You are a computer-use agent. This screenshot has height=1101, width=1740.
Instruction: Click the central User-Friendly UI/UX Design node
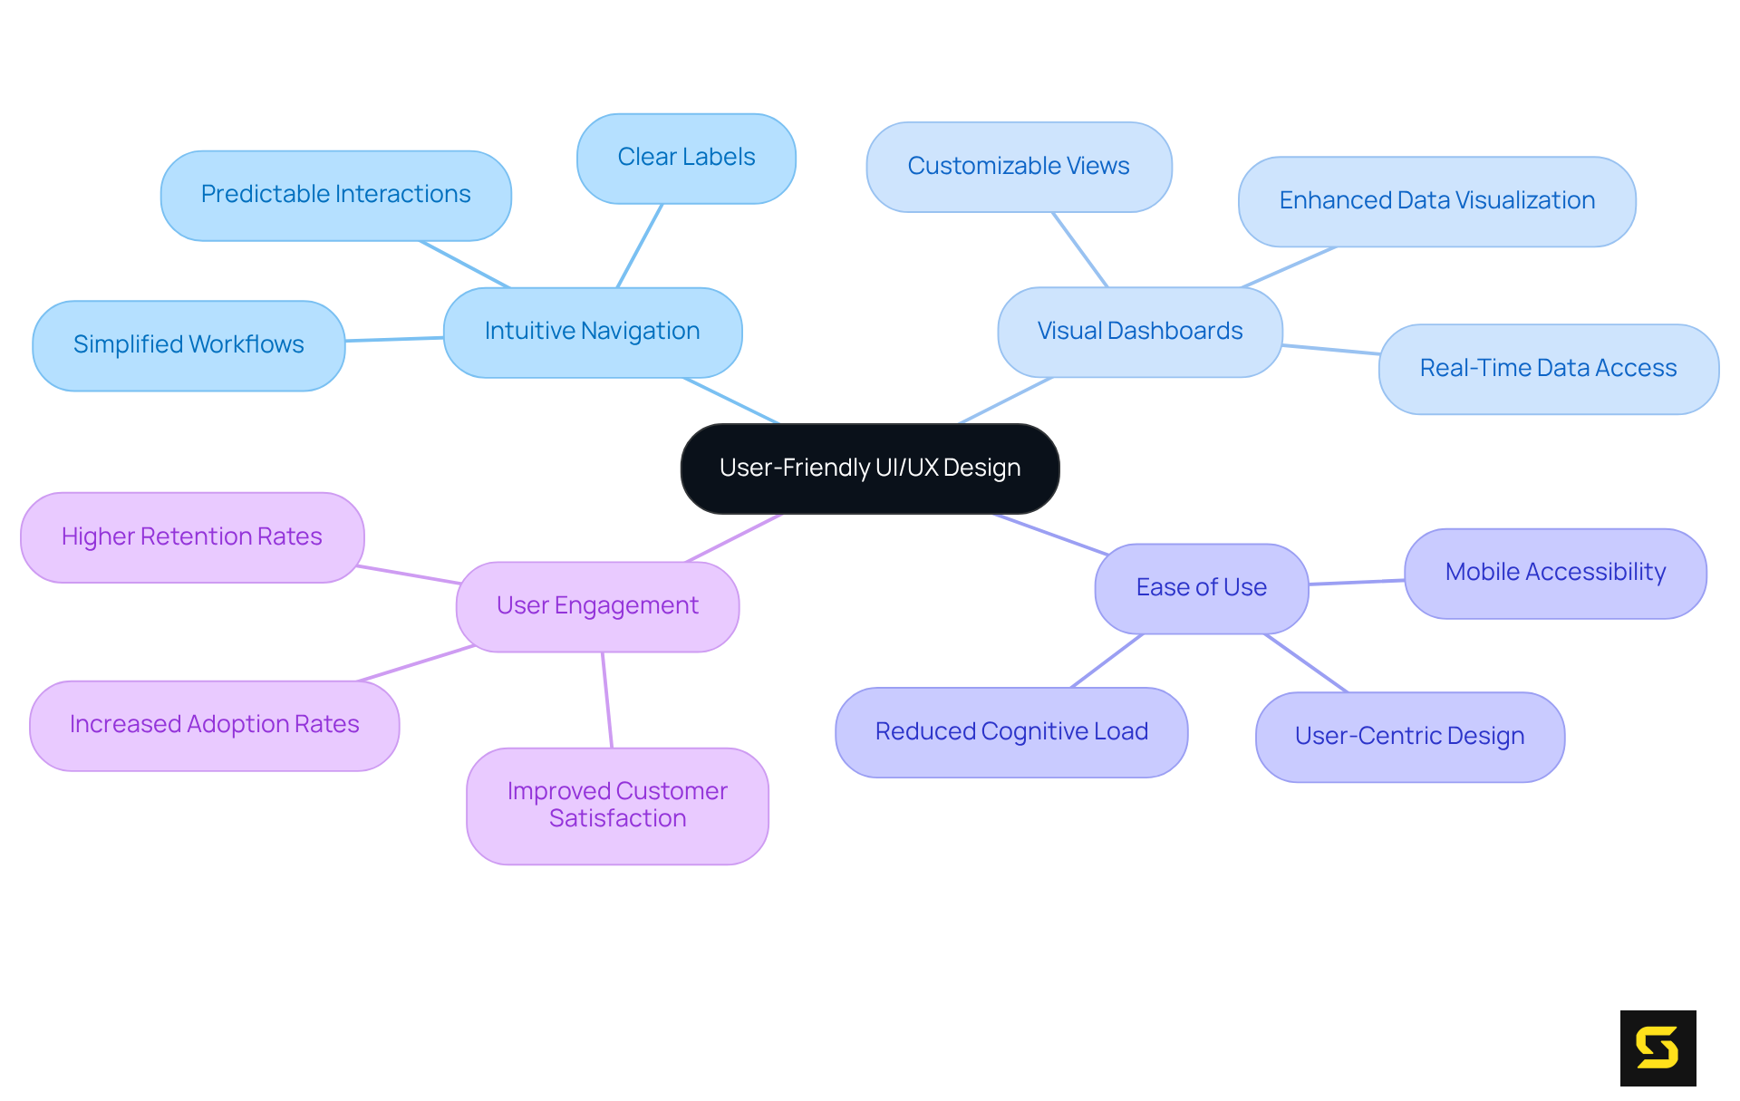pyautogui.click(x=870, y=468)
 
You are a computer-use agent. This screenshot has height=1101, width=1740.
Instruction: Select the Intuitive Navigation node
pyautogui.click(x=593, y=332)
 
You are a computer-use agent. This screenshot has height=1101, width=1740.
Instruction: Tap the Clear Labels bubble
pyautogui.click(x=686, y=158)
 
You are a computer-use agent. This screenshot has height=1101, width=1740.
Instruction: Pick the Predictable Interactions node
pyautogui.click(x=335, y=195)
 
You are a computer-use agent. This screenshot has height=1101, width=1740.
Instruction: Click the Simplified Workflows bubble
pyautogui.click(x=188, y=345)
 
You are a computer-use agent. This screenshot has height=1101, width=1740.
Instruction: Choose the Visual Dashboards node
pyautogui.click(x=1139, y=332)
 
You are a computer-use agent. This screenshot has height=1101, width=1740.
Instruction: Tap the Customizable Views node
pyautogui.click(x=1019, y=167)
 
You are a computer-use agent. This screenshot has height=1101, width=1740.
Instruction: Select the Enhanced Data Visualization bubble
pyautogui.click(x=1436, y=201)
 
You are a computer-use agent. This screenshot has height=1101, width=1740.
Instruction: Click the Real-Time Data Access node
pyautogui.click(x=1548, y=369)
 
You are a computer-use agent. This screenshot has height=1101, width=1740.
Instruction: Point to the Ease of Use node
pyautogui.click(x=1201, y=588)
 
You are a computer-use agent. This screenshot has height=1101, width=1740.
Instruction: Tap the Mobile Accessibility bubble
pyautogui.click(x=1555, y=573)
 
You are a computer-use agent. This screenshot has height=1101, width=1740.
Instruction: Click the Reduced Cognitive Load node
pyautogui.click(x=1011, y=732)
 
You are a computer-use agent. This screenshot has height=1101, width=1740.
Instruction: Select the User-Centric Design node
pyautogui.click(x=1409, y=737)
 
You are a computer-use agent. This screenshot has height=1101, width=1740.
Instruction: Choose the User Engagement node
pyautogui.click(x=597, y=606)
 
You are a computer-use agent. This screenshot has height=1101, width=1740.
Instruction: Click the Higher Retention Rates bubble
pyautogui.click(x=192, y=537)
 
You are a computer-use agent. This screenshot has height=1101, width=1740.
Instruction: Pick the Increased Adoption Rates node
pyautogui.click(x=215, y=725)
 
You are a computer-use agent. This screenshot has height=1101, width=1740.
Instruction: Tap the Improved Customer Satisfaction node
pyautogui.click(x=617, y=806)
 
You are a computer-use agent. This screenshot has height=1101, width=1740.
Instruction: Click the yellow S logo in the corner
pyautogui.click(x=1658, y=1048)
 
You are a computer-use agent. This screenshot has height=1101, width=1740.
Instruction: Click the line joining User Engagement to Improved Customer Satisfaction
pyautogui.click(x=607, y=700)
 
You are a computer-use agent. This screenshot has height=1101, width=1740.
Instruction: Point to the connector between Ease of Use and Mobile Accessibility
pyautogui.click(x=1357, y=582)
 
